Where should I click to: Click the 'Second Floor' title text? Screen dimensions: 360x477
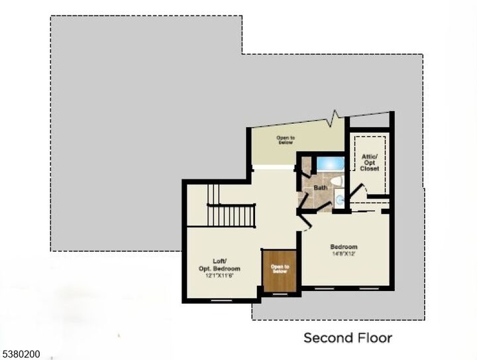(x=347, y=338)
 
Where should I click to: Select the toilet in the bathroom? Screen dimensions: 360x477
(x=336, y=182)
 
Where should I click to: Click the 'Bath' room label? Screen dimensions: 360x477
(x=321, y=188)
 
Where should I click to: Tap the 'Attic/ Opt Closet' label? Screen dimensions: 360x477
(x=370, y=162)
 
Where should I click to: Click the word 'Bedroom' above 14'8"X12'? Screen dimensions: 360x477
(x=344, y=247)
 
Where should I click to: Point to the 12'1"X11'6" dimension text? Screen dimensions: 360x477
(x=219, y=275)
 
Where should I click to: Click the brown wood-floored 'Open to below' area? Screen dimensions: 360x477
(x=279, y=270)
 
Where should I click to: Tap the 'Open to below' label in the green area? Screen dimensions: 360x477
(x=286, y=140)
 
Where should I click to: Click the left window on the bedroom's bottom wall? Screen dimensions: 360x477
(x=325, y=289)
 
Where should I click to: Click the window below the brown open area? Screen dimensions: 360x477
(x=280, y=294)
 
